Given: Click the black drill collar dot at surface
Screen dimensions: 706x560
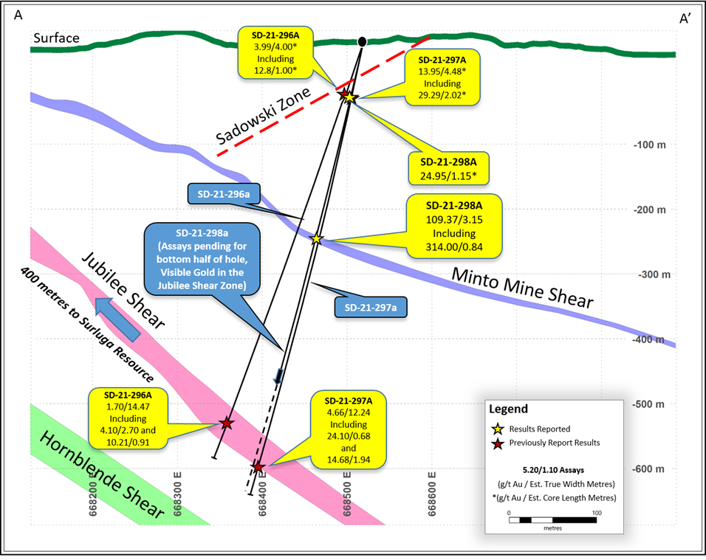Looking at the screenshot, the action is [362, 42].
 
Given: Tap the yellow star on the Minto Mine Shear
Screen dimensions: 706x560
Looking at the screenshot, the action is [317, 238].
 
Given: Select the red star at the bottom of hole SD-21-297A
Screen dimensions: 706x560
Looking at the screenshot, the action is [258, 467].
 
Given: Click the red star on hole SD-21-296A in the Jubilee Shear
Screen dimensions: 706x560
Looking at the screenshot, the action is [227, 423].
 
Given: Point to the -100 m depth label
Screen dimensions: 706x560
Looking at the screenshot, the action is [649, 145].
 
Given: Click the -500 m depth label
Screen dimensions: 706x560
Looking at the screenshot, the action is [648, 404].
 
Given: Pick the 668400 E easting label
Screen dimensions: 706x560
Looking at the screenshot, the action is [263, 494].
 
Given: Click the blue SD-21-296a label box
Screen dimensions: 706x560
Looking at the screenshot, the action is [224, 194].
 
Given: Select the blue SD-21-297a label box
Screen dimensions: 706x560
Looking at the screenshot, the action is [371, 308].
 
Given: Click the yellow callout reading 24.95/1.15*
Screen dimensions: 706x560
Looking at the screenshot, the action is [448, 169].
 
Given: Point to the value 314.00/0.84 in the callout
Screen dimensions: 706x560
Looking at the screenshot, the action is [454, 247].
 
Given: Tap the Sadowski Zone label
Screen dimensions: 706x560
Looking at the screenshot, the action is [264, 116].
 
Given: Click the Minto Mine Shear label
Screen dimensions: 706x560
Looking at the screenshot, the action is [523, 288].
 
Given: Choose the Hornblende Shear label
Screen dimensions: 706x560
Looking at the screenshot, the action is [102, 474].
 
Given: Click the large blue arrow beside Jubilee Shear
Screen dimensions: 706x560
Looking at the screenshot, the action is [117, 319].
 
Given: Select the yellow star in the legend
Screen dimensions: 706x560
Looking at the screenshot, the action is [498, 429].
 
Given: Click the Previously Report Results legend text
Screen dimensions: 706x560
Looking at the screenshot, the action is [555, 443].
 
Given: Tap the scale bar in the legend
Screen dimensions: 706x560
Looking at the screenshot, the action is [553, 520].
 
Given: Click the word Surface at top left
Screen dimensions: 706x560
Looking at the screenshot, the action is [56, 38].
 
